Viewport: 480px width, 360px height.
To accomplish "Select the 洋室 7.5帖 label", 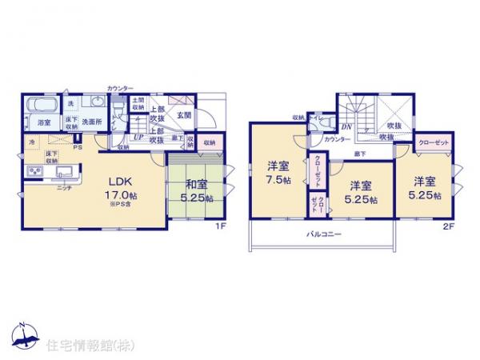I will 279,174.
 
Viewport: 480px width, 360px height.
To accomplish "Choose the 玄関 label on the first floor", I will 183,115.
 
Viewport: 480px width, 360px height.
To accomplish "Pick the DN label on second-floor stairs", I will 347,126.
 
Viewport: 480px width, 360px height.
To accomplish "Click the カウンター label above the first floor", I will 120,87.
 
